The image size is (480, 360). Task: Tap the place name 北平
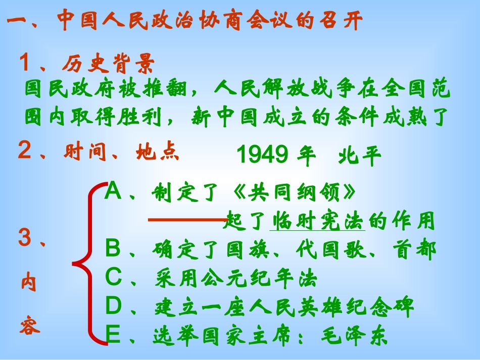pyautogui.click(x=360, y=157)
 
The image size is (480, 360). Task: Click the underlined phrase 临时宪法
pyautogui.click(x=318, y=221)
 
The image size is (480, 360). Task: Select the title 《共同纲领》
pyautogui.click(x=298, y=192)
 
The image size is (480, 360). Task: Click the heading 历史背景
pyautogui.click(x=108, y=64)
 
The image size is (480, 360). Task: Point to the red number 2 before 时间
pyautogui.click(x=24, y=150)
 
